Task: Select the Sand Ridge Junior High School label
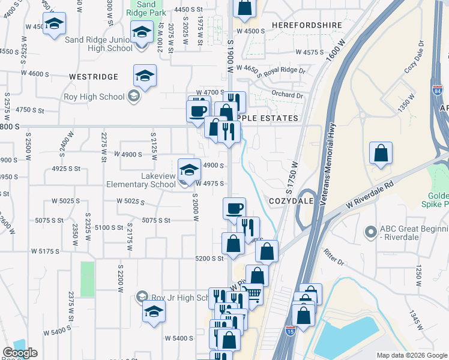98,44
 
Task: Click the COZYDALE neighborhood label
291,201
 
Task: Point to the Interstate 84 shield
437,91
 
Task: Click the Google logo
19,353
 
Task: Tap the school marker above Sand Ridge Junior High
54,24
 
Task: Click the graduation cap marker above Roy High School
145,76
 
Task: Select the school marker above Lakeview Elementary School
189,169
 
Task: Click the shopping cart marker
253,294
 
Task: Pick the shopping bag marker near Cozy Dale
381,154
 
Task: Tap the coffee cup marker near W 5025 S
234,208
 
